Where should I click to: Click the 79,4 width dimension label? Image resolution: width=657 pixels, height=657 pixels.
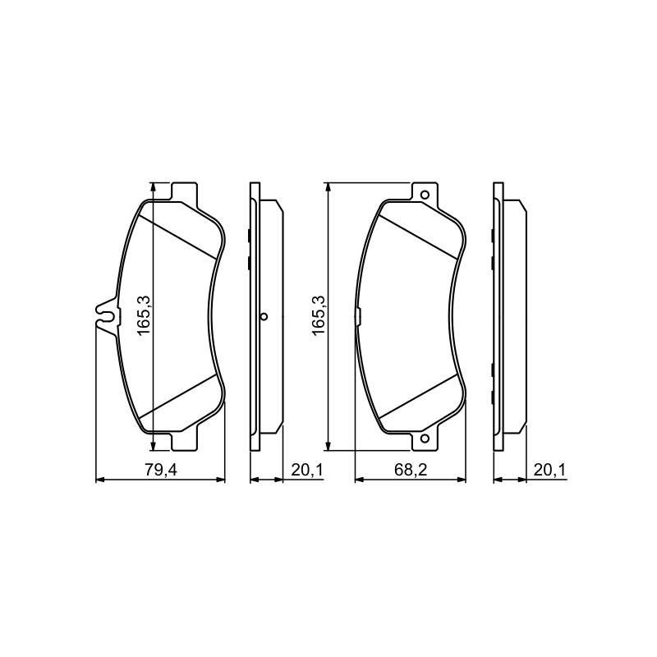click(x=161, y=470)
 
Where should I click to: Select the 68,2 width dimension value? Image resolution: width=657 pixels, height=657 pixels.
click(x=410, y=470)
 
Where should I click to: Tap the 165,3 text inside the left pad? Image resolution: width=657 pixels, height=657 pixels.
click(x=144, y=315)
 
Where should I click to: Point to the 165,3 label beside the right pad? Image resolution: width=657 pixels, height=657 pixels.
click(x=318, y=315)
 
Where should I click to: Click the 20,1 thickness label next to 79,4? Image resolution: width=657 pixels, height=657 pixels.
click(x=306, y=470)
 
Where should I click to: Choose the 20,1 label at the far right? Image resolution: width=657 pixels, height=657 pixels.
click(x=549, y=470)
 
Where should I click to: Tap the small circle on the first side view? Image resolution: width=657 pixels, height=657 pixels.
click(x=264, y=316)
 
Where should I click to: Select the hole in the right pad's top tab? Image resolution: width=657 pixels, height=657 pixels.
click(x=425, y=195)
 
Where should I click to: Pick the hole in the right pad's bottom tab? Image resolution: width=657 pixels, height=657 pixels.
click(x=425, y=439)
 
